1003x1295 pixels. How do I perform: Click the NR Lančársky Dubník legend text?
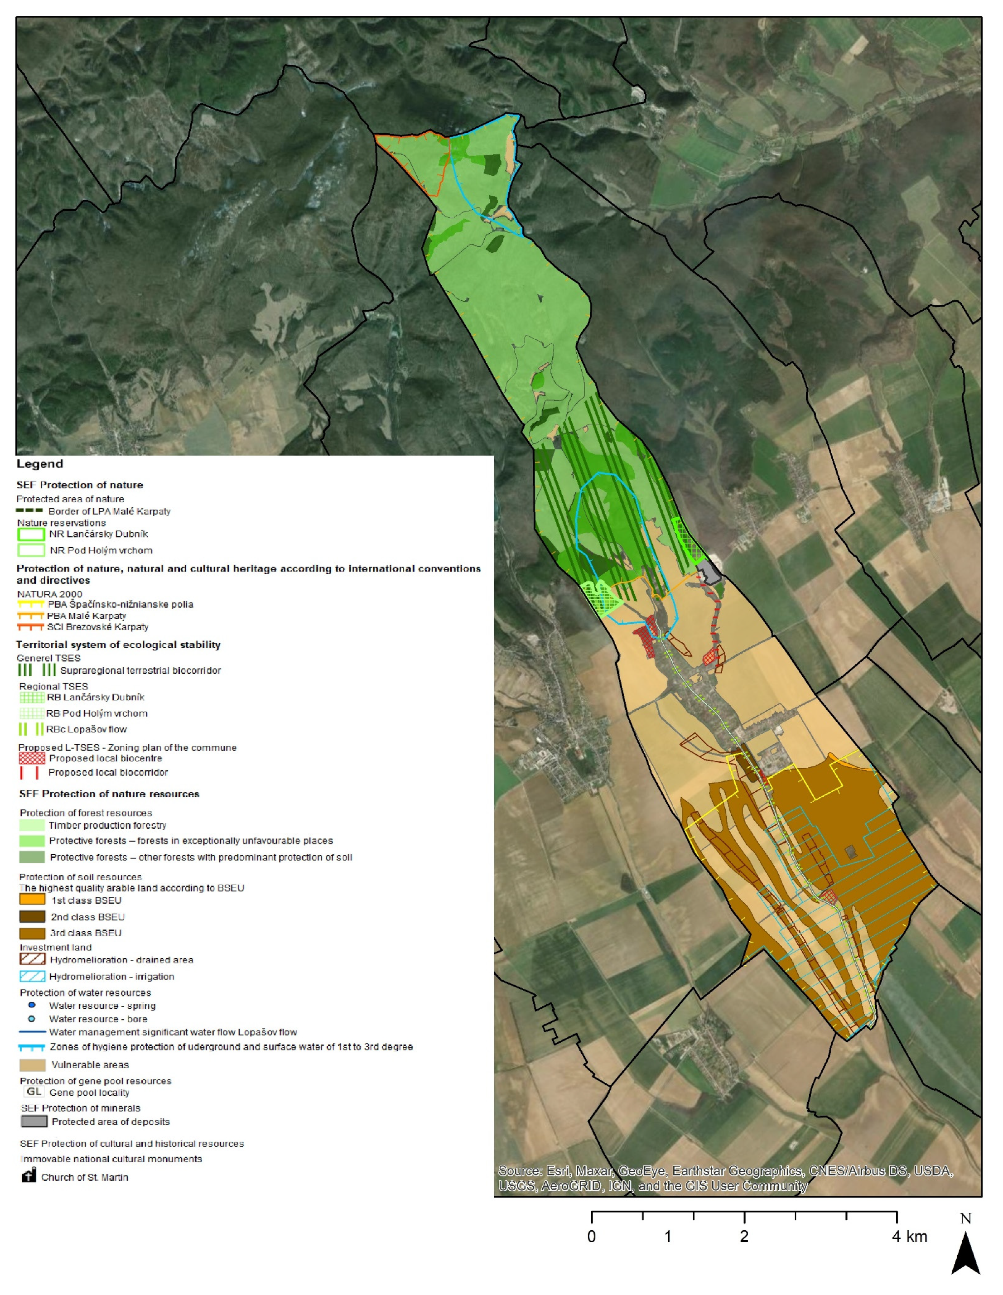[x=98, y=534]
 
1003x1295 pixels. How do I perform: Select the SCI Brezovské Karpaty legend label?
[x=98, y=627]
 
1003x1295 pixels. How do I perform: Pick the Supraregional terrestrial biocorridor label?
[x=140, y=671]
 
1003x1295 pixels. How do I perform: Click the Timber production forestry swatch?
[x=32, y=825]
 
